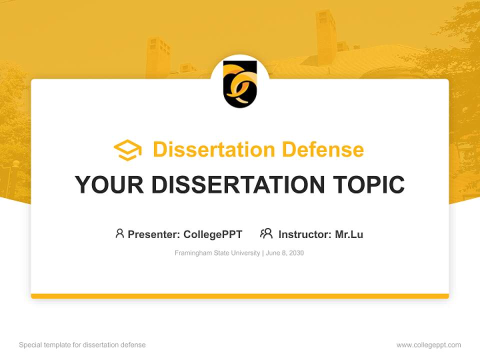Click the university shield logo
[x=240, y=83]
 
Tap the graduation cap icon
[x=127, y=150]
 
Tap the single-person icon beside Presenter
[x=119, y=233]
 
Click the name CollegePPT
[x=213, y=234]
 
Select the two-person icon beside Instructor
[x=266, y=233]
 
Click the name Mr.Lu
[x=349, y=234]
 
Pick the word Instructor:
[x=305, y=234]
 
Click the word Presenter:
[x=154, y=234]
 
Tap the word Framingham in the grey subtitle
[x=192, y=253]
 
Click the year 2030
[x=296, y=253]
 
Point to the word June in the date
[x=273, y=253]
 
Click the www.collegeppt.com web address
[x=428, y=345]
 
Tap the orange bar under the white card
[x=240, y=296]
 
